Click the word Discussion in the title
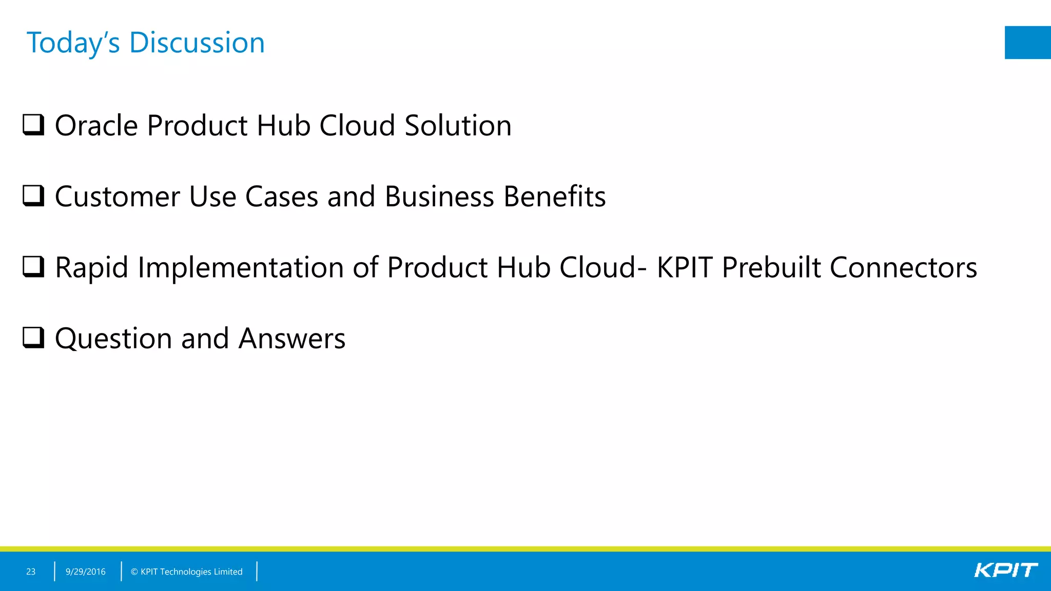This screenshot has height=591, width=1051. [197, 43]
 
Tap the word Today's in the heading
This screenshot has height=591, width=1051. [73, 43]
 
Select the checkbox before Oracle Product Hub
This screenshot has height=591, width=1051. [34, 125]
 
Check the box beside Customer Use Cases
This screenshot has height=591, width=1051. [34, 195]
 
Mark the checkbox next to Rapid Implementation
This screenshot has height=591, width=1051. [34, 266]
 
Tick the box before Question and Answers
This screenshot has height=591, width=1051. [34, 338]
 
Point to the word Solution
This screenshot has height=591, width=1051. [458, 126]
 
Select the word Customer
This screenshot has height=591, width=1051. [118, 196]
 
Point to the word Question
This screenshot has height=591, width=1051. [113, 339]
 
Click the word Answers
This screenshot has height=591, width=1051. [292, 339]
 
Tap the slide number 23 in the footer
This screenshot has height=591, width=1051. [31, 572]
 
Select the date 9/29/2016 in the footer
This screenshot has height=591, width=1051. [86, 572]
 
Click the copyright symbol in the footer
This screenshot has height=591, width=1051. [134, 572]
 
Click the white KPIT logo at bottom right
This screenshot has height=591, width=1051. [1005, 570]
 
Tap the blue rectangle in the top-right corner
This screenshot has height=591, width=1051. [1027, 43]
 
